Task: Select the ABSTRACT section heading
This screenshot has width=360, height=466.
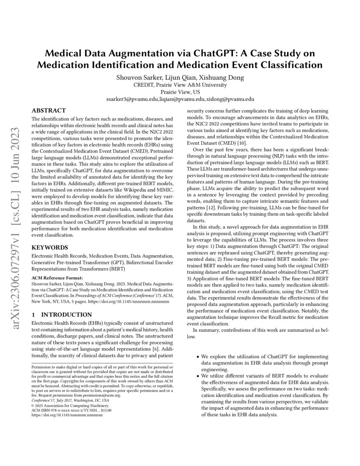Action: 48,110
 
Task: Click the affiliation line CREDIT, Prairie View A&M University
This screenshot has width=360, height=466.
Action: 180,85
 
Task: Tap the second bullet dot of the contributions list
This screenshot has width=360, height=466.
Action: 198,376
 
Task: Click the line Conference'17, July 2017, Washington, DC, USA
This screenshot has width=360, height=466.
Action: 70,400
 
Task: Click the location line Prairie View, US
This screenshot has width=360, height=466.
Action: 180,92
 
